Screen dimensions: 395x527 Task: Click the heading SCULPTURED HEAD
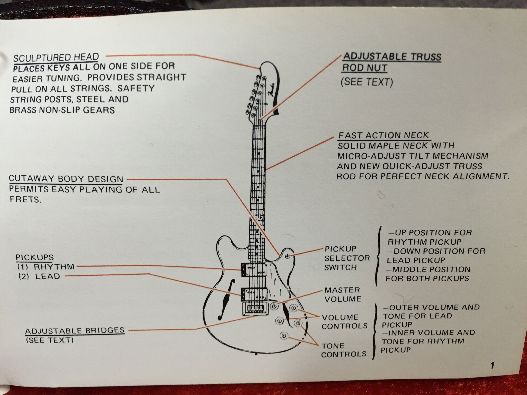pos(56,57)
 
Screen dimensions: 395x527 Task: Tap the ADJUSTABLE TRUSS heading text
pos(392,57)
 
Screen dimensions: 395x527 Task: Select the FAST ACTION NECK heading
pos(383,135)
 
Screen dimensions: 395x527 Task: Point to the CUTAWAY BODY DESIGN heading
pos(66,179)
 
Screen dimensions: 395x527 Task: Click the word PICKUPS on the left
pos(35,257)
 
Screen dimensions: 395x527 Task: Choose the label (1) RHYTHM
pos(46,267)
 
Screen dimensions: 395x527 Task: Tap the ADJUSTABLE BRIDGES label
pos(75,330)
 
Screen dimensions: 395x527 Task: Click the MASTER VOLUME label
pos(342,294)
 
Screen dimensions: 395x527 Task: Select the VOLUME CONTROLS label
pos(344,322)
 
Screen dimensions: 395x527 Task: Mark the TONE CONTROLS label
pos(343,350)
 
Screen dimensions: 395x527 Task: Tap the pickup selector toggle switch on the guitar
pos(288,256)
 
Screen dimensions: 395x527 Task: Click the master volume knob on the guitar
pos(275,306)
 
